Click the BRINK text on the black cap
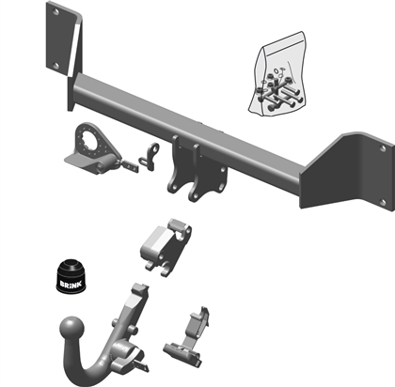71,285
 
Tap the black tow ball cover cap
71,276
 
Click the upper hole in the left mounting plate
55,12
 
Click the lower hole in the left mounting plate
55,66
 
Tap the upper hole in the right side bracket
382,148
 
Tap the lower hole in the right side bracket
382,202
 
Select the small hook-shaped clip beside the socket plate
150,157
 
